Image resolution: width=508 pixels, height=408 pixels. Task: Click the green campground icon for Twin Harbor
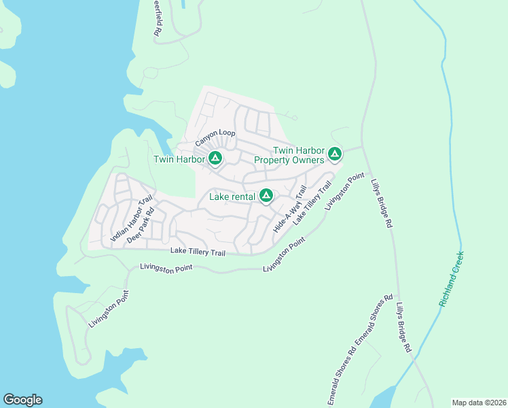click(215, 159)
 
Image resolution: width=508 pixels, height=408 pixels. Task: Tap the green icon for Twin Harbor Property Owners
click(334, 154)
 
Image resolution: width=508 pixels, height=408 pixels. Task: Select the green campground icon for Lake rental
click(266, 197)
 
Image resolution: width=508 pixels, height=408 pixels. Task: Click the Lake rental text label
click(232, 197)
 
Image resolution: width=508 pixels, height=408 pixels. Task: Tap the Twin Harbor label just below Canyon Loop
click(179, 160)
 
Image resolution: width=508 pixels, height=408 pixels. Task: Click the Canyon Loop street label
click(215, 139)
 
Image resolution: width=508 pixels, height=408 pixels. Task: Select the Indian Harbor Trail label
click(132, 218)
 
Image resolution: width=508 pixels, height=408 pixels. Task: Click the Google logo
click(22, 400)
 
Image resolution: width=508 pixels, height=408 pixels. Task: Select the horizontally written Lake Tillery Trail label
click(197, 251)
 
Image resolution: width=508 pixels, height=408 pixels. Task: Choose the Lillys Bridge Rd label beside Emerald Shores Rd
click(404, 327)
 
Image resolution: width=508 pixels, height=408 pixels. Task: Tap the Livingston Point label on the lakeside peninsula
click(108, 309)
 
